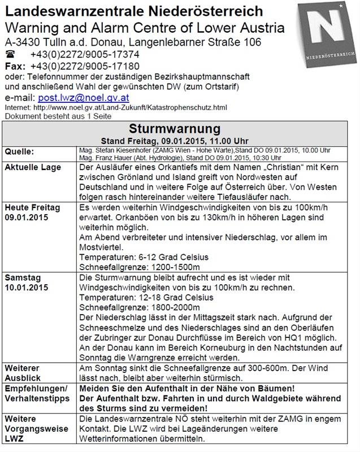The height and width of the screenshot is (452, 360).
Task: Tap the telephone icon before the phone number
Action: click(x=11, y=55)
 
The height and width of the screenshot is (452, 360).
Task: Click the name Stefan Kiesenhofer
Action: click(x=124, y=150)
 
